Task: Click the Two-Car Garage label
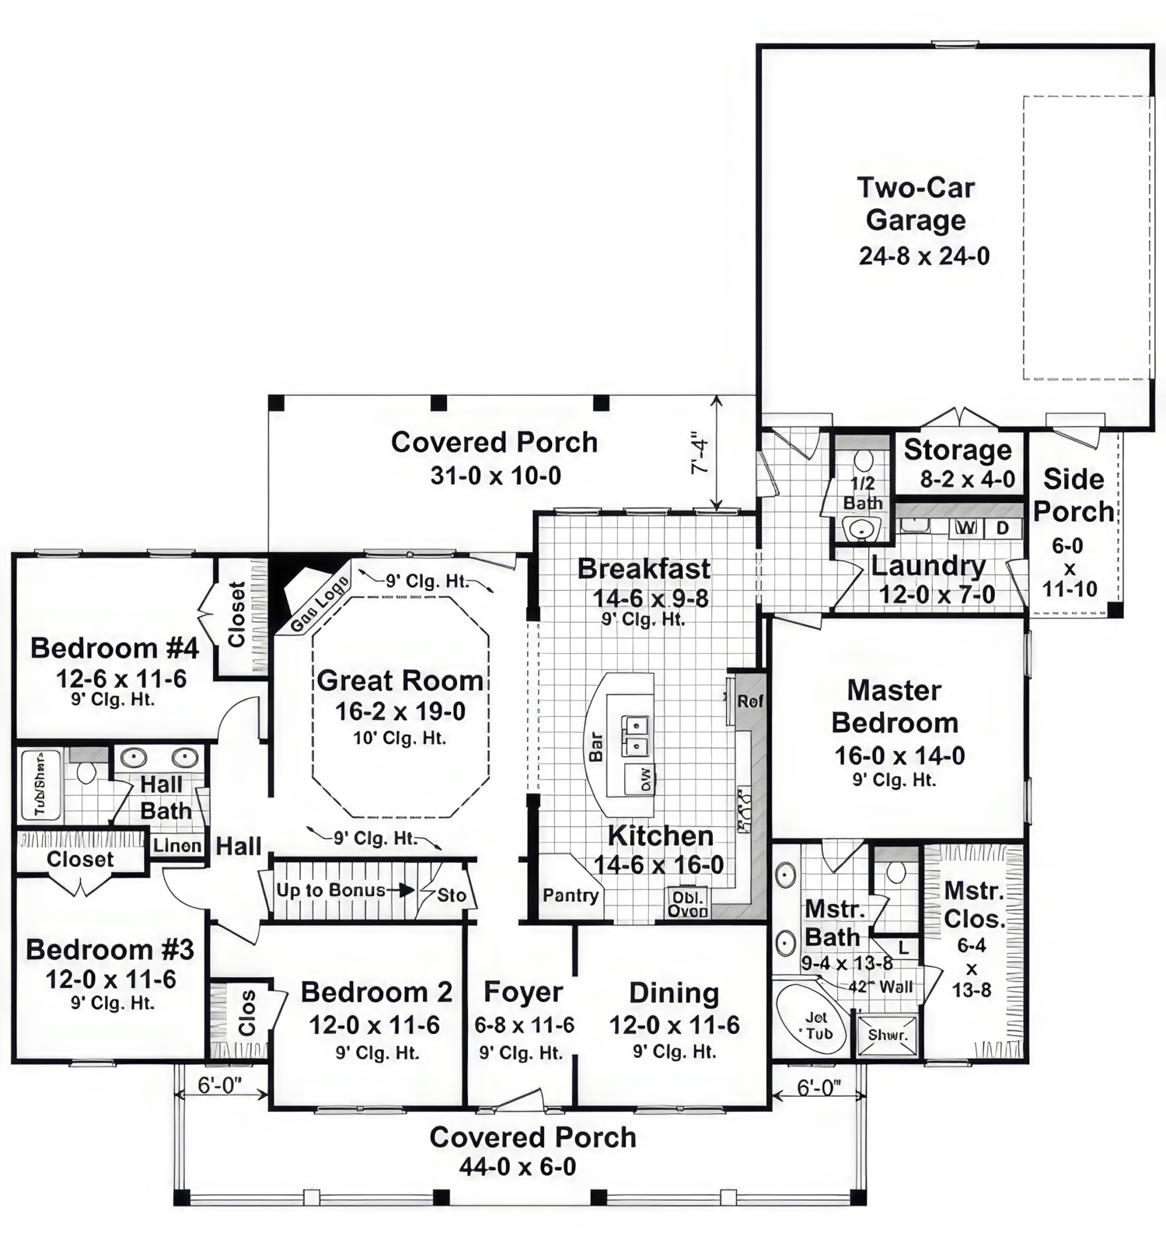[x=916, y=204]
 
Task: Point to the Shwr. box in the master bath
[x=887, y=1035]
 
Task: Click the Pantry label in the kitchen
[x=571, y=896]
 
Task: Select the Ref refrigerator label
[x=750, y=701]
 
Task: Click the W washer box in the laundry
[x=965, y=528]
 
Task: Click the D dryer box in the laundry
[x=1003, y=528]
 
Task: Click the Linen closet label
[x=177, y=845]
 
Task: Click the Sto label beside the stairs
[x=451, y=895]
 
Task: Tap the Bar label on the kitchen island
[x=596, y=746]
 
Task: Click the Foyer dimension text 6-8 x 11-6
[x=524, y=1025]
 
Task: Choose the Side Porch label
[x=1073, y=495]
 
